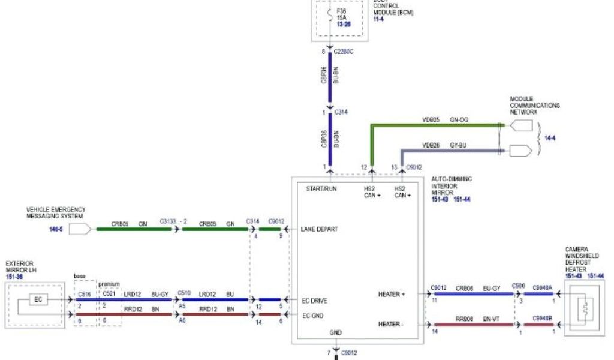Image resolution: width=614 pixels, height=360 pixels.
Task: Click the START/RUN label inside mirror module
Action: pos(321,189)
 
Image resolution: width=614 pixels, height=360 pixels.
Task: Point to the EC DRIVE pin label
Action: pos(315,299)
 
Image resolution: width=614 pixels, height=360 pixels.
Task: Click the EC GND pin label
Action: pos(313,314)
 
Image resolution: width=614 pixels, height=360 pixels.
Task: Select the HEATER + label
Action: pos(392,294)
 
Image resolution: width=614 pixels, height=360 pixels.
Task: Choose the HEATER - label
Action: pos(391,325)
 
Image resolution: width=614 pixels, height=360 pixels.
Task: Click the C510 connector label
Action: pos(184,293)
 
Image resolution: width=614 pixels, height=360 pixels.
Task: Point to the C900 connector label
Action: pos(518,287)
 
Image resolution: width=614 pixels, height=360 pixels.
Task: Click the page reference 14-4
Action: pos(550,138)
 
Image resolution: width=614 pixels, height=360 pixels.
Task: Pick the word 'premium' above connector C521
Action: pos(110,284)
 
